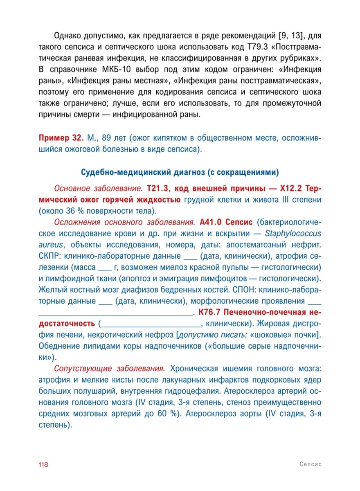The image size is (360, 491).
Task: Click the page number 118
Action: (43, 464)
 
